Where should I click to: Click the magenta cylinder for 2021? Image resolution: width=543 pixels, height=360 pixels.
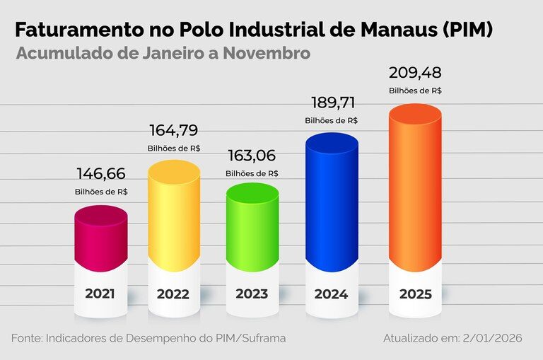tap(101, 239)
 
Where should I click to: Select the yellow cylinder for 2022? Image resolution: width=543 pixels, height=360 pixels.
tap(174, 216)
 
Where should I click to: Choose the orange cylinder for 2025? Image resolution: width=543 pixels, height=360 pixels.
tap(415, 191)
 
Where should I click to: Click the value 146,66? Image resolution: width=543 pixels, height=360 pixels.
tap(101, 174)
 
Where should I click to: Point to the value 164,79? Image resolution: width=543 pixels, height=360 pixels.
tap(174, 131)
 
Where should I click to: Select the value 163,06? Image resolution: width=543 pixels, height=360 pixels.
tap(252, 156)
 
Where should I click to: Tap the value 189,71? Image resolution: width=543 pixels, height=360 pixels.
tap(331, 103)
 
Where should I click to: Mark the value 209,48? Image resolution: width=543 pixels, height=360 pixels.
tap(415, 73)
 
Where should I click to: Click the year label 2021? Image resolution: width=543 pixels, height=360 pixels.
tap(100, 294)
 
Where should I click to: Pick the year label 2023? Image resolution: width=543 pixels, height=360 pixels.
tap(252, 294)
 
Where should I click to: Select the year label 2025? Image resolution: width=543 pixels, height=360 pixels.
tap(415, 294)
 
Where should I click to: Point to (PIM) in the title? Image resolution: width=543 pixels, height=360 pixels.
tap(463, 30)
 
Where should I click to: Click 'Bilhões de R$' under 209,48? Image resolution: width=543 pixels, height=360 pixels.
tap(415, 91)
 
